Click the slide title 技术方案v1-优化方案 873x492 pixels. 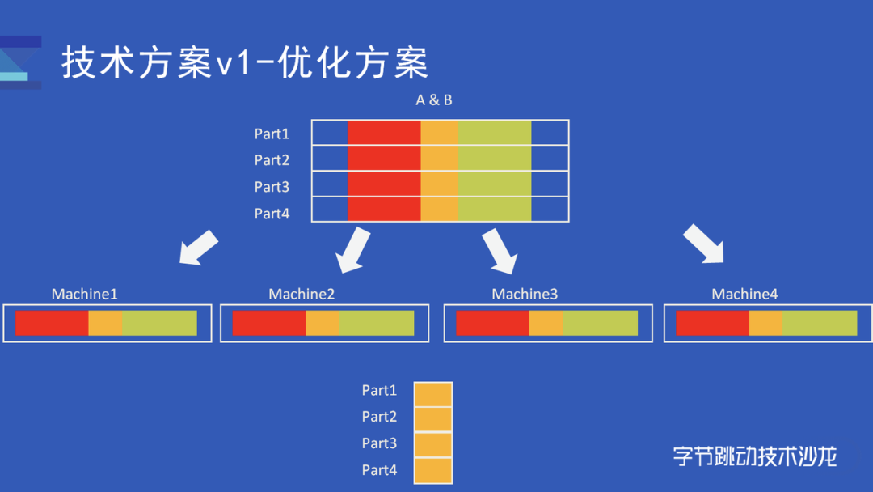[245, 62]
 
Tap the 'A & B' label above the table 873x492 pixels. [434, 100]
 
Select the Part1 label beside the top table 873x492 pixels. [272, 134]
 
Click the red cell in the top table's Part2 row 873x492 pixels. [384, 159]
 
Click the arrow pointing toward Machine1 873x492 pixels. [198, 248]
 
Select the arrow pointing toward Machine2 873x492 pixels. [353, 249]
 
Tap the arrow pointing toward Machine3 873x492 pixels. [500, 250]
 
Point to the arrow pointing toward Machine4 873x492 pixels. [703, 244]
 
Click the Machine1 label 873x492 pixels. [84, 294]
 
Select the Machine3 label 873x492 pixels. [525, 294]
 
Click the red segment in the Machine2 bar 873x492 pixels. [268, 323]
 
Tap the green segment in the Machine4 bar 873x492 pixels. [819, 323]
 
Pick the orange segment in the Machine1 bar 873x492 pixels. [105, 323]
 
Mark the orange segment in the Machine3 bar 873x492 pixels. [546, 323]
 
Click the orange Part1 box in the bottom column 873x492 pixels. [433, 394]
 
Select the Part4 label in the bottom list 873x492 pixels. [379, 469]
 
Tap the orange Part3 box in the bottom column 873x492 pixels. [433, 444]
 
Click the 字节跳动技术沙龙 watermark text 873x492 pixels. [754, 456]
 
